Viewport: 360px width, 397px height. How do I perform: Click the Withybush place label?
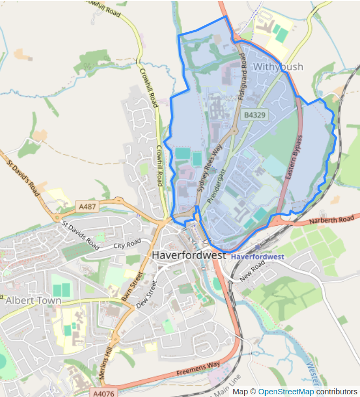(278, 67)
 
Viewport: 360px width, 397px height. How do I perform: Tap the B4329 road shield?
(254, 115)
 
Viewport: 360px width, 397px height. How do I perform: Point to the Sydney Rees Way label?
(210, 169)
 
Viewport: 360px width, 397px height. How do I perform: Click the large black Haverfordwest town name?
(189, 255)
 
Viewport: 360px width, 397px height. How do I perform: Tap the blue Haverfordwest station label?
(258, 256)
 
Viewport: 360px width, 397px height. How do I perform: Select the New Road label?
(253, 270)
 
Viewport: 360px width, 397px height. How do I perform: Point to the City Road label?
(127, 243)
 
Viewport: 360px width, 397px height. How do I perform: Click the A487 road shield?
(87, 206)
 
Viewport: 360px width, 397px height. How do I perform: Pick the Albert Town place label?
(33, 300)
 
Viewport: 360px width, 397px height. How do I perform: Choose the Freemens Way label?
(198, 370)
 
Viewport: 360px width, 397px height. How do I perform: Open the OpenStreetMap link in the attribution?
(286, 392)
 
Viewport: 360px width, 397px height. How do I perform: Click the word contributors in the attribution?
(336, 392)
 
